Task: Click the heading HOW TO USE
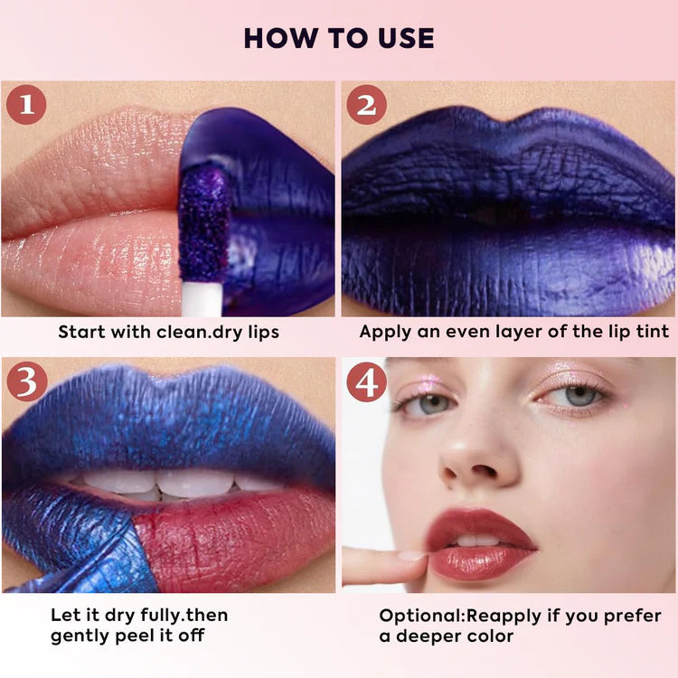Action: coord(339,38)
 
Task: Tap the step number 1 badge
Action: coord(26,105)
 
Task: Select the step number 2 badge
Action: coord(367,105)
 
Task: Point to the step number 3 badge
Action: coord(27,381)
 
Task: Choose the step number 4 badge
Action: coord(367,382)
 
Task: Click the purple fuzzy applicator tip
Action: coord(203,225)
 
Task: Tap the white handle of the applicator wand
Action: coord(202,299)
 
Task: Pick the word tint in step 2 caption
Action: coord(653,332)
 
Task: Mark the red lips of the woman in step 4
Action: coord(480,545)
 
